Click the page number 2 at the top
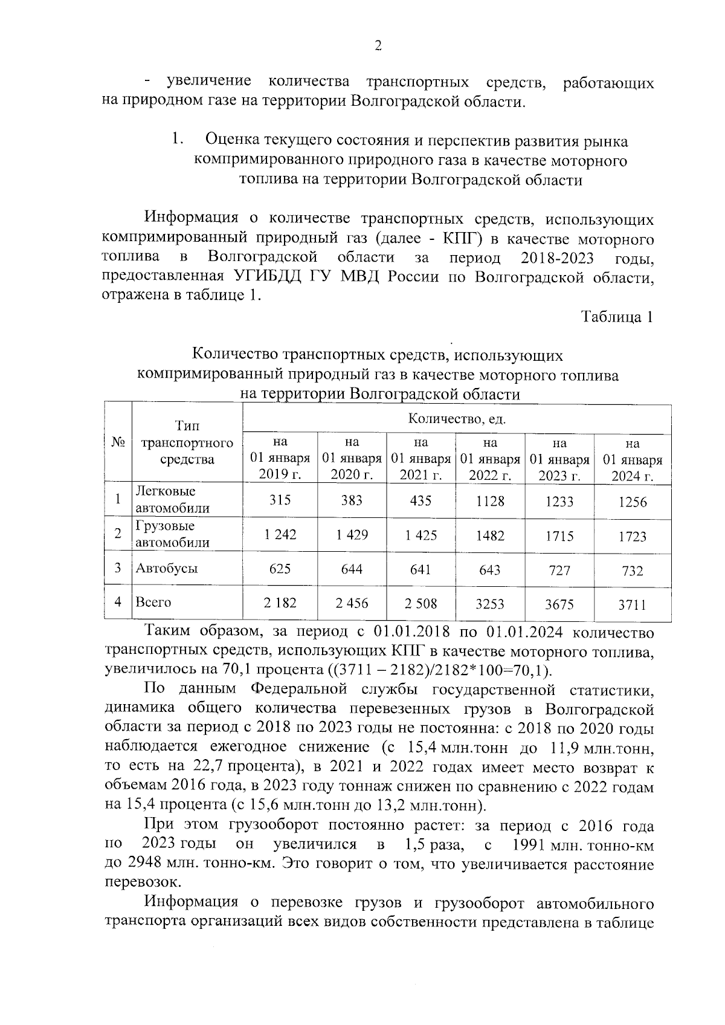[x=378, y=47]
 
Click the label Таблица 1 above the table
[x=617, y=317]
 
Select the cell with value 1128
[x=490, y=501]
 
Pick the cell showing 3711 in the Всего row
[x=633, y=604]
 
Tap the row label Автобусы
[x=167, y=568]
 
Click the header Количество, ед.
[x=457, y=419]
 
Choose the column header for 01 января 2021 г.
[x=421, y=459]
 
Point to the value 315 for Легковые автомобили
[x=280, y=500]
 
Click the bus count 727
[x=559, y=570]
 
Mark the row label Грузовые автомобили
[x=173, y=534]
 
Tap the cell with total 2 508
[x=420, y=603]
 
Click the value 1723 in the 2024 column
[x=633, y=537]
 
